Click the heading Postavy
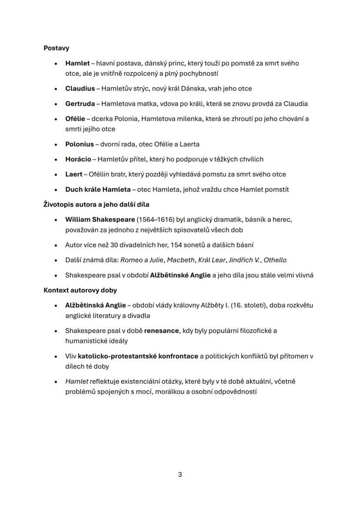56,48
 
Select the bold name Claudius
80,89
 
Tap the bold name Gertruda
80,104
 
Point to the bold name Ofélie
75,119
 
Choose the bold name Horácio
78,160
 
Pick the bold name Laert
74,174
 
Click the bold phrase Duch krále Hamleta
98,190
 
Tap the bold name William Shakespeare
100,220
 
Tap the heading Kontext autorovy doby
80,290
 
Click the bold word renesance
161,331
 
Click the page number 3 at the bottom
180,475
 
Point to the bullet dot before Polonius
56,145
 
